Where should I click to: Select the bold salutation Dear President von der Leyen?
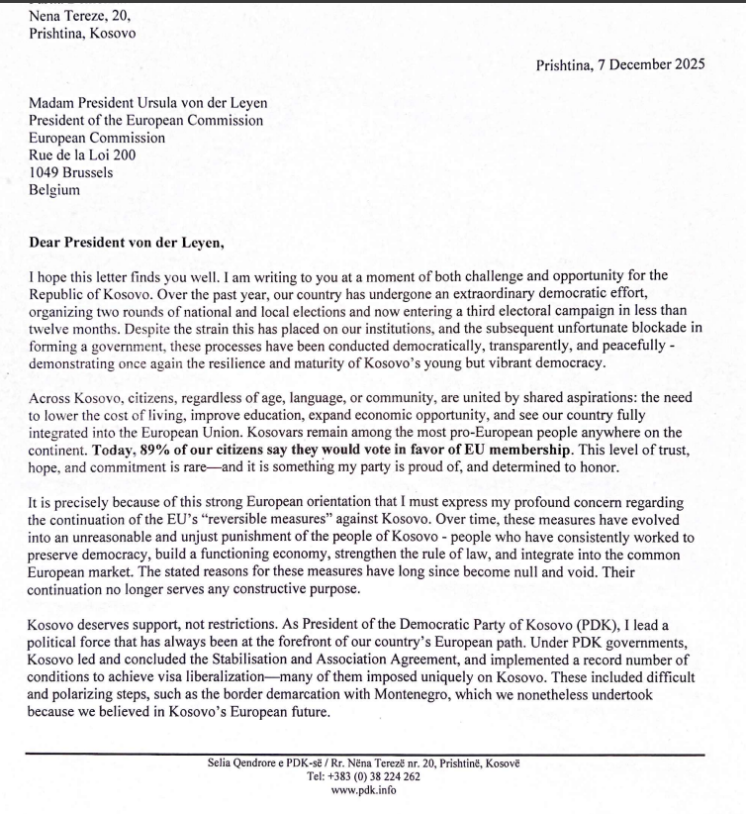[137, 240]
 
